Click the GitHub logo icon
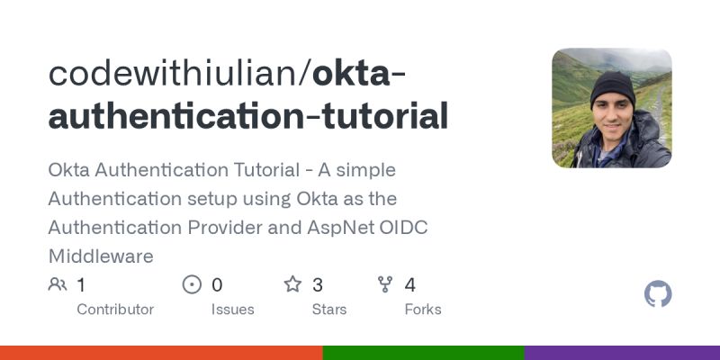click(x=659, y=294)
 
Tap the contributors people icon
click(x=58, y=285)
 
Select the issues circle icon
click(x=192, y=285)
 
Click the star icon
click(x=292, y=285)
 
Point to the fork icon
click(x=386, y=285)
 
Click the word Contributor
click(x=115, y=310)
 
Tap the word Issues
click(x=233, y=310)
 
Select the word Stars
click(x=330, y=310)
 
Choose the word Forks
click(x=423, y=310)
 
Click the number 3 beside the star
click(x=318, y=285)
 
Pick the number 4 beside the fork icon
click(x=410, y=285)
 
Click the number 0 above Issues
click(x=217, y=285)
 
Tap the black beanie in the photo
click(x=613, y=89)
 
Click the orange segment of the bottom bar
click(x=161, y=353)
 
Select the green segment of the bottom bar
click(x=423, y=353)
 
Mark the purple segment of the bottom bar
click(x=622, y=353)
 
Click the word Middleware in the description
click(x=101, y=256)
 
